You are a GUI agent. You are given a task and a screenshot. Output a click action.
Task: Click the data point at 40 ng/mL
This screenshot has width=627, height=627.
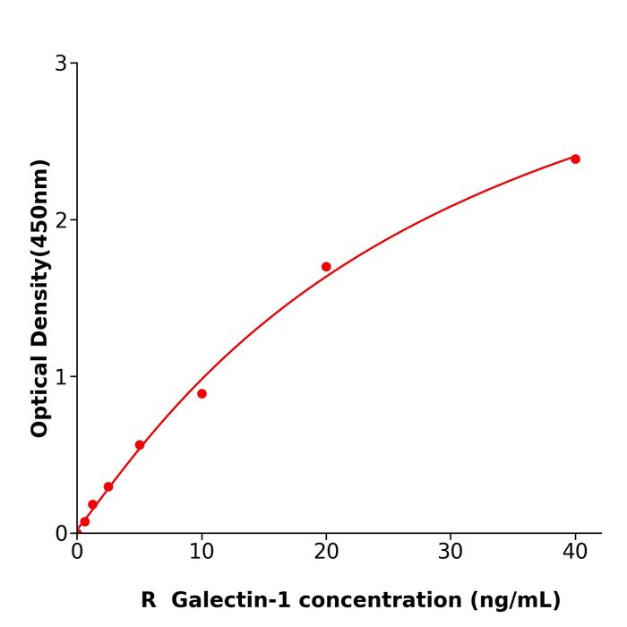[575, 159]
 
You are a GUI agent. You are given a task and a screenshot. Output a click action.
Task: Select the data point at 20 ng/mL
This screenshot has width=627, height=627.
[326, 267]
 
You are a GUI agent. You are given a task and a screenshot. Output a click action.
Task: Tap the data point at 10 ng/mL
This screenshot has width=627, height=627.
[202, 393]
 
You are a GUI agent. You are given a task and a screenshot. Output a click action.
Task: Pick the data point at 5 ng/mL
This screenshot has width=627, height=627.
[140, 445]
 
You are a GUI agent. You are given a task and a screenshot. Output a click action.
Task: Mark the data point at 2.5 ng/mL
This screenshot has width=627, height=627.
[108, 486]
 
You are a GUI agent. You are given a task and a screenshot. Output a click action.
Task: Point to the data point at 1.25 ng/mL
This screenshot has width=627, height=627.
[92, 504]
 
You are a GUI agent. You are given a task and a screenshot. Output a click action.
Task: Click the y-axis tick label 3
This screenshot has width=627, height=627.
[61, 64]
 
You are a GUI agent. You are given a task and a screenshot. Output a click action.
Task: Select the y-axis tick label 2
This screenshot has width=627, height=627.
[61, 220]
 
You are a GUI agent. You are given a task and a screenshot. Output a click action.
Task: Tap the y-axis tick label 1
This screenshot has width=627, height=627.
[61, 377]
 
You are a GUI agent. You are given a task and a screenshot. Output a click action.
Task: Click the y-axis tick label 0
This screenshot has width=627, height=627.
[61, 534]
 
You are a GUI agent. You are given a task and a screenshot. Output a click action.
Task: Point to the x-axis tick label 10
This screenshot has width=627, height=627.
[202, 552]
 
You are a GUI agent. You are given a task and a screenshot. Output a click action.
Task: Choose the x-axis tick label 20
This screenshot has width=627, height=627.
[326, 552]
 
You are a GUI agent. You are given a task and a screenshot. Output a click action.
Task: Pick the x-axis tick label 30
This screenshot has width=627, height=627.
[451, 552]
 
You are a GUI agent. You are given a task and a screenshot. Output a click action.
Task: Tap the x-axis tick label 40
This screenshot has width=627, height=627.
[575, 552]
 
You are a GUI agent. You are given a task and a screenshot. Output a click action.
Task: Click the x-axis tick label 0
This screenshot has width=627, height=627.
[77, 552]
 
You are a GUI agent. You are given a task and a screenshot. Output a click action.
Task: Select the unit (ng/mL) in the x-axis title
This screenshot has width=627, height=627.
[513, 600]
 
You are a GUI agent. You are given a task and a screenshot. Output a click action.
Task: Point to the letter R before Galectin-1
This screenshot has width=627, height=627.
[149, 600]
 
